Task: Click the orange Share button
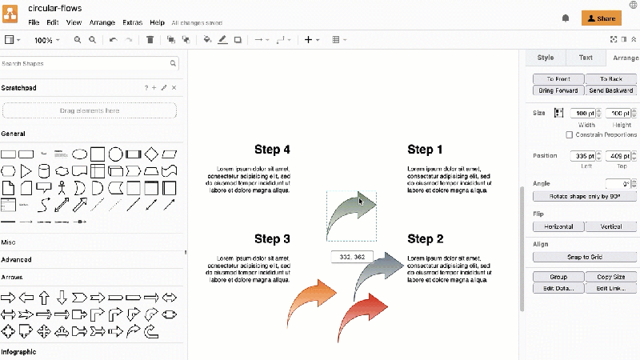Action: (x=601, y=18)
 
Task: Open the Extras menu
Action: (x=133, y=22)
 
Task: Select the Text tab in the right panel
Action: (x=586, y=58)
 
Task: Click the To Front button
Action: (x=558, y=79)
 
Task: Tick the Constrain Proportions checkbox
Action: (x=569, y=134)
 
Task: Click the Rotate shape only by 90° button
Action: (x=585, y=196)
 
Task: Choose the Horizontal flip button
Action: (x=558, y=227)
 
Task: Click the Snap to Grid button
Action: (x=585, y=258)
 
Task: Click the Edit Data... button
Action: (x=558, y=288)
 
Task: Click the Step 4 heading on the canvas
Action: (x=272, y=150)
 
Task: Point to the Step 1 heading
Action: (x=425, y=150)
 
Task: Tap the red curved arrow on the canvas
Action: (x=365, y=312)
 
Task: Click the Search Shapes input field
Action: (x=84, y=63)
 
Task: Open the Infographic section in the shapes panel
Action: (x=18, y=351)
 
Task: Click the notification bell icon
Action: (x=566, y=18)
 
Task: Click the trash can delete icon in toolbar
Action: (x=150, y=39)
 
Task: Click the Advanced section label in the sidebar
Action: (x=16, y=259)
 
